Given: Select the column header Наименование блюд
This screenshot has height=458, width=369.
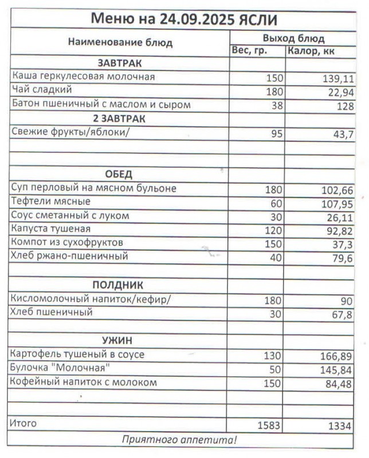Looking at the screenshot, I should tap(120, 42).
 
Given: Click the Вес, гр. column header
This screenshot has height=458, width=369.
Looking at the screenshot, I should tap(250, 51).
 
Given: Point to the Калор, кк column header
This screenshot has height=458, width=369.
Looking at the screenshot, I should tap(312, 52).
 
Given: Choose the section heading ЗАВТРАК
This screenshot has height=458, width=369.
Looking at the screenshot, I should tap(119, 63).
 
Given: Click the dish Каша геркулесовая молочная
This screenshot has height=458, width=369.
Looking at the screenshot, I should tap(84, 76).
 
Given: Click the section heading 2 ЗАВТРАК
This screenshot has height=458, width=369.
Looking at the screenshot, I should tap(119, 119).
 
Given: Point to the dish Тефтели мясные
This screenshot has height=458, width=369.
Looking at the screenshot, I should tap(51, 202).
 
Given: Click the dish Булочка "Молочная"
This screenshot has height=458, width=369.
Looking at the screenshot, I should tap(60, 368).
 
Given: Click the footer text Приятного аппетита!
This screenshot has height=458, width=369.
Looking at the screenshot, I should tap(179, 440).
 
